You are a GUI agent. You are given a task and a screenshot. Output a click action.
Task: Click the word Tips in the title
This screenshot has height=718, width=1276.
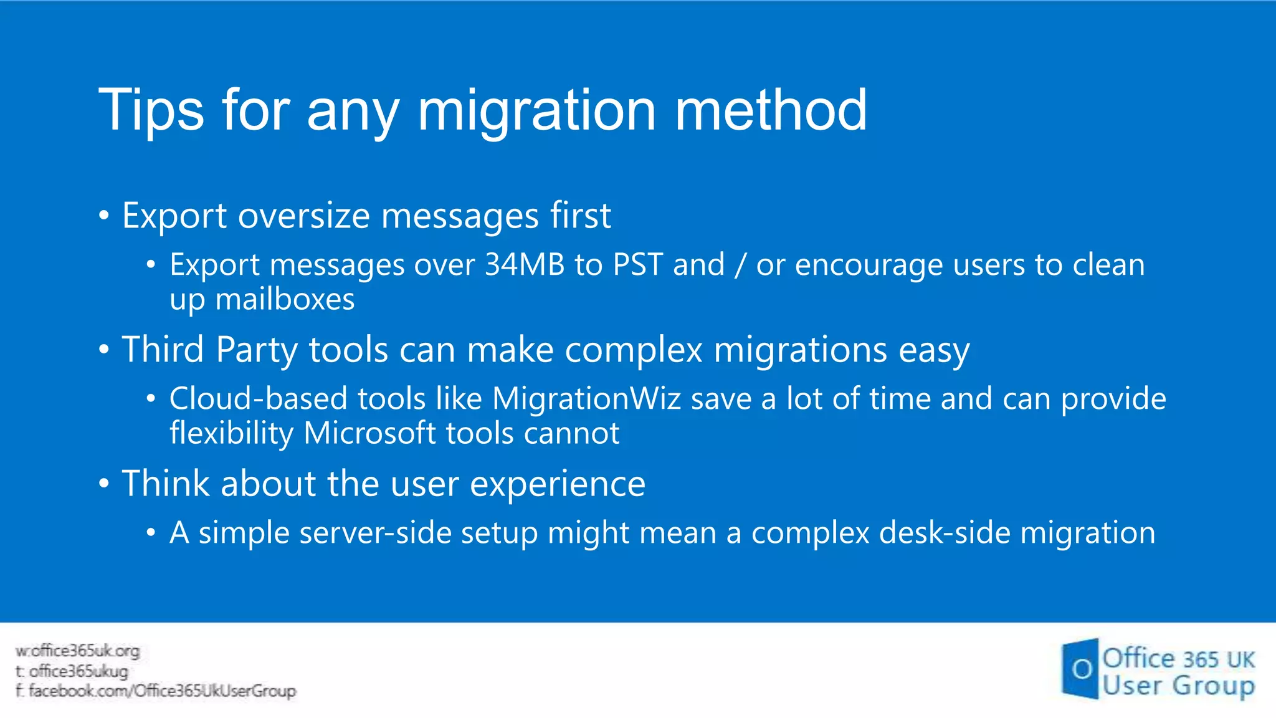tap(151, 110)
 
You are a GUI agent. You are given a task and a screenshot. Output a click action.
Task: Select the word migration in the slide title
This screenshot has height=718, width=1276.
tap(536, 110)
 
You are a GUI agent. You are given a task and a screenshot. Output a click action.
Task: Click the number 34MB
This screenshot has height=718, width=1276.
tap(525, 264)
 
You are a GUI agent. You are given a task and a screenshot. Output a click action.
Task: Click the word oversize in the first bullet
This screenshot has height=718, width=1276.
tap(304, 216)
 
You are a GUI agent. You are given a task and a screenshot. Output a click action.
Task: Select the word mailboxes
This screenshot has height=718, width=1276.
tap(285, 299)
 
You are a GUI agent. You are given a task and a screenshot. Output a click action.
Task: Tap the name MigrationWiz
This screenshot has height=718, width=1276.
tap(586, 398)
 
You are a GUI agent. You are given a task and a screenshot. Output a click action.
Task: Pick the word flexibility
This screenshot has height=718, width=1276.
tap(231, 433)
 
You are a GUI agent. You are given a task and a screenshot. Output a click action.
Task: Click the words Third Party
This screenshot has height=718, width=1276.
tap(209, 349)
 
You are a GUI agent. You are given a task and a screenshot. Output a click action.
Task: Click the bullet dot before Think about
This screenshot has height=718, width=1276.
tap(104, 484)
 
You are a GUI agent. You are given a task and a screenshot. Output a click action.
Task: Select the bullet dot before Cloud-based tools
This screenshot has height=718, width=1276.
tap(150, 399)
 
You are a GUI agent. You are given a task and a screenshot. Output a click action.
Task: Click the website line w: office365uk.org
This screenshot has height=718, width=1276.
tap(78, 651)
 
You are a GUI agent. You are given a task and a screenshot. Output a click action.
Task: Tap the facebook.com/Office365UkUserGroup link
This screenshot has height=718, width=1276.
tap(156, 691)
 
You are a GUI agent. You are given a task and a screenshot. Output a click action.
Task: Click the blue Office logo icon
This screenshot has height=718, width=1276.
tap(1080, 669)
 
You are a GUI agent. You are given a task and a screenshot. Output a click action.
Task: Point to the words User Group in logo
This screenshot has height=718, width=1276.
tap(1178, 686)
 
